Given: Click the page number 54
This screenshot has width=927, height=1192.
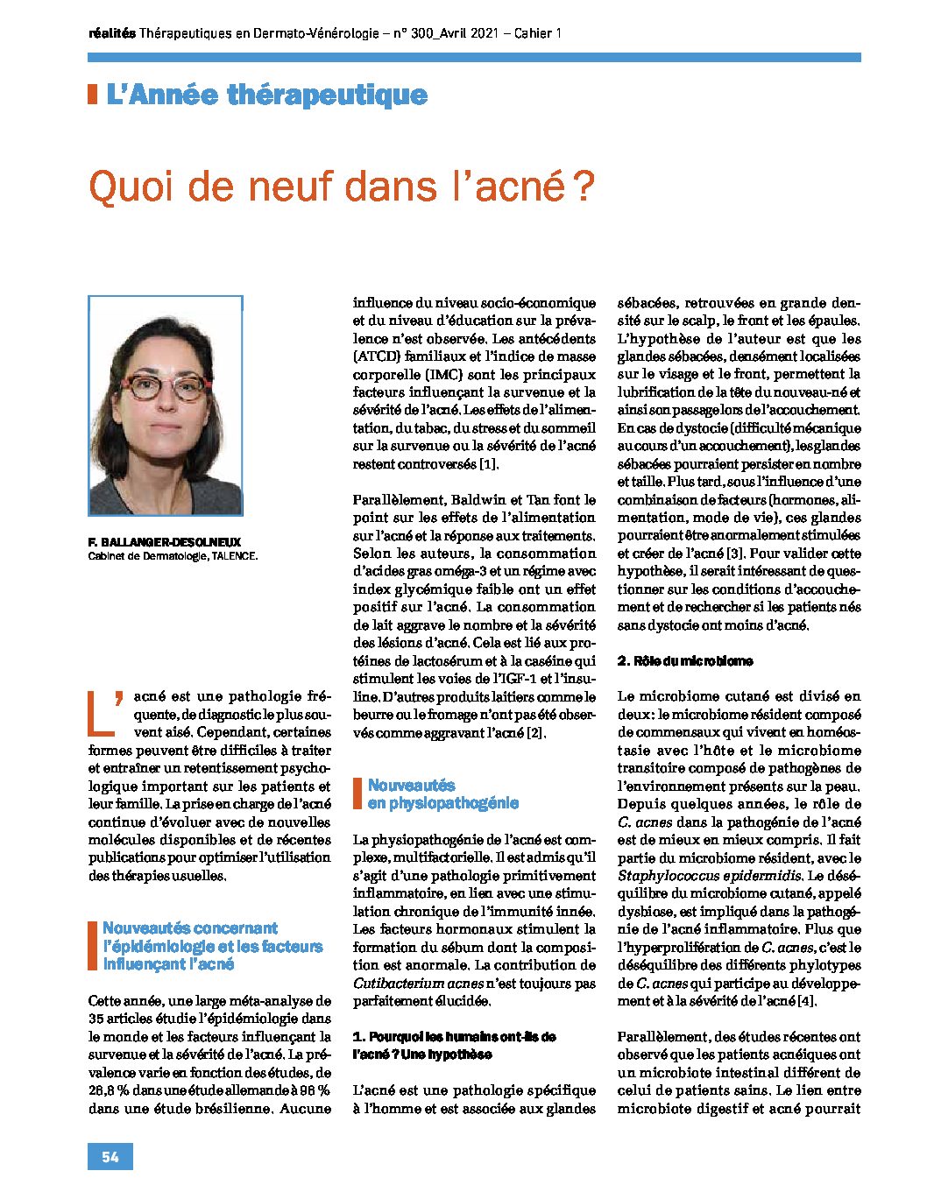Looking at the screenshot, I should coord(110,1157).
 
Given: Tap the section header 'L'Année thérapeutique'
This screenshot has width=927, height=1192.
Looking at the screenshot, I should coord(266,95).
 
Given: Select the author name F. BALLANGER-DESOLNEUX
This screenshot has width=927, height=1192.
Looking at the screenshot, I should coord(164,542).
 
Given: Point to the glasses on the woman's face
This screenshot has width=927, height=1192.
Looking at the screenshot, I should coord(166,385).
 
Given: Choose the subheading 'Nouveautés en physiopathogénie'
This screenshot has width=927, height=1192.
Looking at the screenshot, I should coord(442,794).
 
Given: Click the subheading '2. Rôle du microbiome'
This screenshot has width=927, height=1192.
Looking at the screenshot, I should coord(684,661).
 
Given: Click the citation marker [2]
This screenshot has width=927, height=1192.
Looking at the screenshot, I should coord(535,732).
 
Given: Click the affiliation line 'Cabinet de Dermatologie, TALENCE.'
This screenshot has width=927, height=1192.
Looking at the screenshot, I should coord(173,555).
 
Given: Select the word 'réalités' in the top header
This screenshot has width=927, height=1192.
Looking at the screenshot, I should coord(112,33).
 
